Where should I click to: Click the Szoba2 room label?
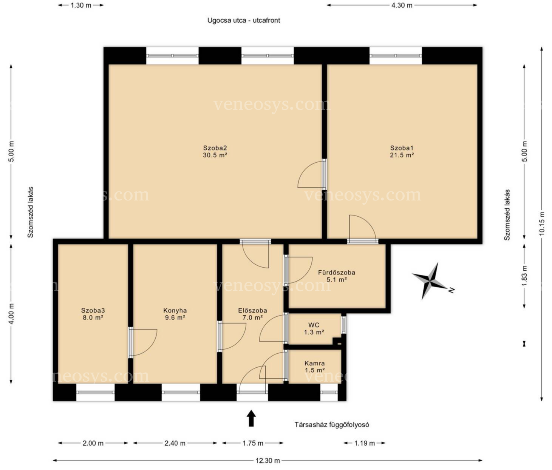(x=215, y=148)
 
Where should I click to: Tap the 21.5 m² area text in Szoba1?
(x=402, y=155)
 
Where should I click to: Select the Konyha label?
(x=175, y=310)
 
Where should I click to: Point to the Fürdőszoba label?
(x=337, y=273)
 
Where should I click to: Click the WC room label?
(x=314, y=325)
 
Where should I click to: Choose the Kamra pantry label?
(x=315, y=363)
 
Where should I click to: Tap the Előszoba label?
(x=253, y=310)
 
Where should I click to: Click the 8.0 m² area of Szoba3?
(x=93, y=317)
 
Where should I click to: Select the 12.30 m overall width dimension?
(x=267, y=460)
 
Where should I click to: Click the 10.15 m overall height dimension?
(x=541, y=223)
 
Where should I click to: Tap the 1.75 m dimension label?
(x=253, y=443)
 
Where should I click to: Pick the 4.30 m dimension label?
(x=402, y=5)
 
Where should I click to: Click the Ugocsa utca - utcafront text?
(x=244, y=20)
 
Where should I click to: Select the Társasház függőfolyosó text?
(x=332, y=424)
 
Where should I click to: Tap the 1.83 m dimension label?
(x=524, y=276)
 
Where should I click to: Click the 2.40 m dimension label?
(x=175, y=443)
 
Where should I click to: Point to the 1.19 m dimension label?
(x=365, y=443)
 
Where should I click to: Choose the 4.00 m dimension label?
(x=11, y=314)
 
